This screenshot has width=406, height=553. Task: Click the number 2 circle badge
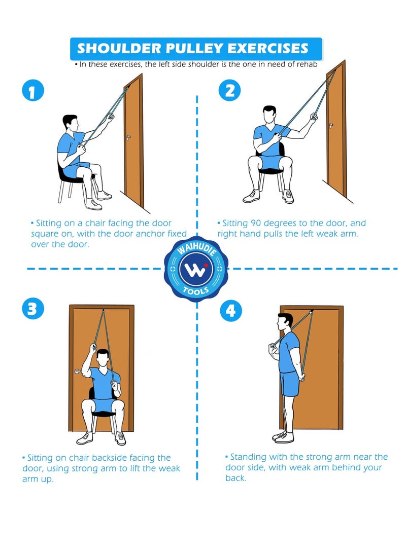229,91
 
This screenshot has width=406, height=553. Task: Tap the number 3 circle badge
33,309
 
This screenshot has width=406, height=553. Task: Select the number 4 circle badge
231,310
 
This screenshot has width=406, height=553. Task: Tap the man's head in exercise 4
285,322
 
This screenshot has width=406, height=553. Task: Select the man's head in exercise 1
71,123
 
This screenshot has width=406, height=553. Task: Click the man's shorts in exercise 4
290,384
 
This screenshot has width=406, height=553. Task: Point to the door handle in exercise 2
330,124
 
